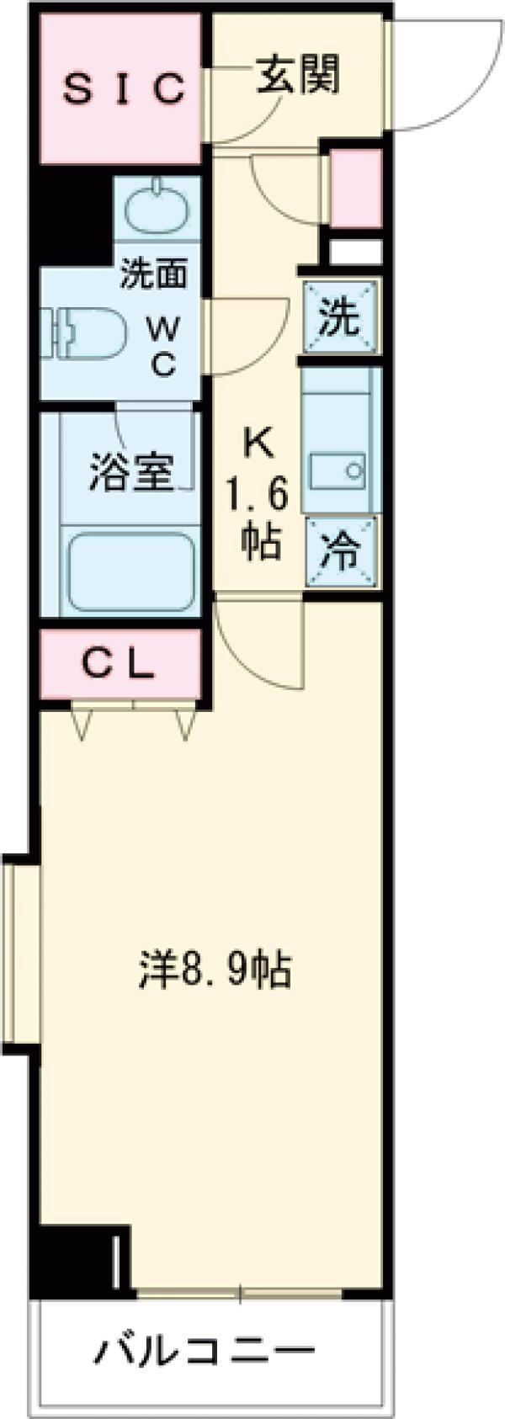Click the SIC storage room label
pyautogui.click(x=123, y=88)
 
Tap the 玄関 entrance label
pyautogui.click(x=298, y=75)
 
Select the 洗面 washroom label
pyautogui.click(x=152, y=275)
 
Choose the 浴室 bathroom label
pyautogui.click(x=131, y=474)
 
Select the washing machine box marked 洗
pyautogui.click(x=340, y=319)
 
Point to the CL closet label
pyautogui.click(x=121, y=664)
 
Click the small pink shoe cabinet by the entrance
pyautogui.click(x=354, y=189)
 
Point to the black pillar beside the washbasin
pyautogui.click(x=72, y=219)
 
